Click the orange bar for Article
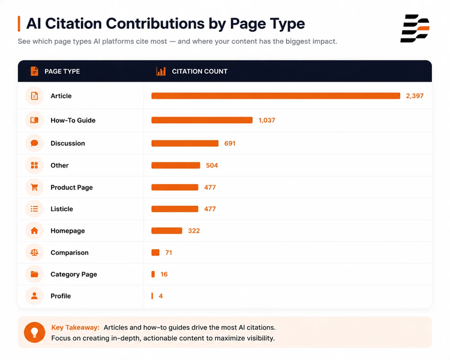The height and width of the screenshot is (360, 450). (275, 96)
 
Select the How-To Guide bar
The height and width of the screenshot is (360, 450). (202, 120)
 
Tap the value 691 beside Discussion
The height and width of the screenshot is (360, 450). (230, 143)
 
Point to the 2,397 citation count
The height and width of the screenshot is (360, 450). (415, 96)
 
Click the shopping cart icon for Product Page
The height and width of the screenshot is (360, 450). (34, 187)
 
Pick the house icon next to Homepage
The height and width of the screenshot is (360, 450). (34, 230)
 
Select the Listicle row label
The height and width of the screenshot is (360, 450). (62, 209)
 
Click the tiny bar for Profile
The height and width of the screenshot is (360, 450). (152, 296)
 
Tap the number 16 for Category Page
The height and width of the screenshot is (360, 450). (164, 274)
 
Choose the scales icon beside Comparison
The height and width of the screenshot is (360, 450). (34, 253)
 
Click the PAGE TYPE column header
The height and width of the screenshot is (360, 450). (62, 71)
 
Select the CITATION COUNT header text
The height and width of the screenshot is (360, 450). (199, 71)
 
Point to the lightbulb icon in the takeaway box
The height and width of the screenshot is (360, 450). (34, 332)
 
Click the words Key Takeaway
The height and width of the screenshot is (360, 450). (75, 328)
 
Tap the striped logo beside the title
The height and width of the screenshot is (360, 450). (415, 28)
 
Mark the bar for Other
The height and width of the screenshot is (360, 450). (176, 166)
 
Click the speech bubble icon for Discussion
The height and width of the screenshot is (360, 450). (34, 143)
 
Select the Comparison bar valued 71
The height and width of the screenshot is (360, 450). (155, 253)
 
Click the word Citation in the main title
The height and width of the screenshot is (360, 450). (73, 23)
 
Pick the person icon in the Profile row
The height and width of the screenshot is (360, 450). (34, 296)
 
